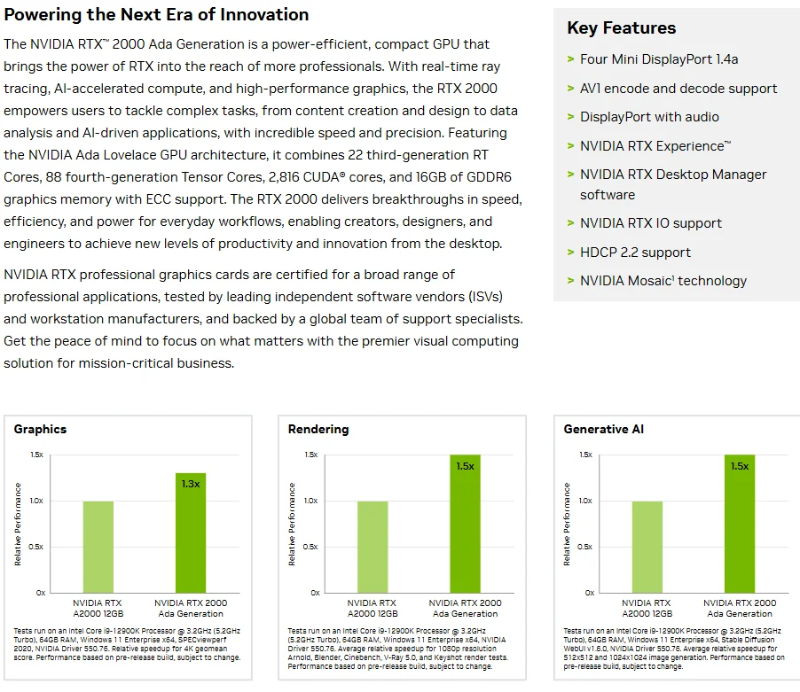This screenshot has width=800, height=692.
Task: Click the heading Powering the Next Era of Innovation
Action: click(x=156, y=14)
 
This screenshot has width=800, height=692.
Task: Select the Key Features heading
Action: click(x=622, y=27)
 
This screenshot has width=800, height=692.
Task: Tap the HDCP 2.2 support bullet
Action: click(x=635, y=253)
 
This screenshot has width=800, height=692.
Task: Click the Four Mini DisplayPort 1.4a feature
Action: click(x=659, y=59)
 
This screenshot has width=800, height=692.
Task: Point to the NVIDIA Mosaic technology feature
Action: click(x=663, y=281)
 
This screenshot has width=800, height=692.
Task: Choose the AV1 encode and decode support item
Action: click(x=678, y=88)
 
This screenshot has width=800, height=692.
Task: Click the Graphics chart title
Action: click(x=40, y=429)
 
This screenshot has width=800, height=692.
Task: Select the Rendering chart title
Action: click(x=318, y=429)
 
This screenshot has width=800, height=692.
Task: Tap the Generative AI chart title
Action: click(x=604, y=429)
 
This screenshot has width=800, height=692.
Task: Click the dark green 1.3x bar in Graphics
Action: click(x=191, y=533)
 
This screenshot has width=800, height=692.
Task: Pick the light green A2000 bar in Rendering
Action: click(x=373, y=548)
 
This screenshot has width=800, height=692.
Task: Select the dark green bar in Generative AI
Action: click(x=740, y=524)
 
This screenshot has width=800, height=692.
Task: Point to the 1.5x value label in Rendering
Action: click(x=466, y=466)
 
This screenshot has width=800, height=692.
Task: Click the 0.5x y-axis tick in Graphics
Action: click(x=35, y=547)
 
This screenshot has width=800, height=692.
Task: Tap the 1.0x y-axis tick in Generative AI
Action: click(x=585, y=501)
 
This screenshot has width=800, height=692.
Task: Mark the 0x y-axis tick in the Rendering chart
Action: click(x=316, y=593)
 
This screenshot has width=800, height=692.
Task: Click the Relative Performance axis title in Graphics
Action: click(x=18, y=525)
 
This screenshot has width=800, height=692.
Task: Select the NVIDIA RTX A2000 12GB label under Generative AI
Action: click(x=647, y=609)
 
